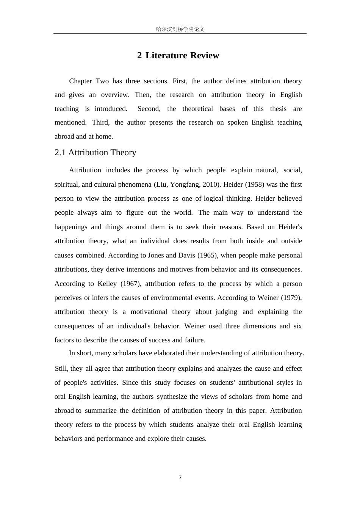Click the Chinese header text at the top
point(180,29)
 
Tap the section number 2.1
point(60,153)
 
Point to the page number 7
point(180,477)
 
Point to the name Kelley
point(107,284)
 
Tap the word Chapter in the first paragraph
point(80,81)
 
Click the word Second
point(149,109)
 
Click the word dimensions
point(260,326)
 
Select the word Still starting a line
point(61,368)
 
